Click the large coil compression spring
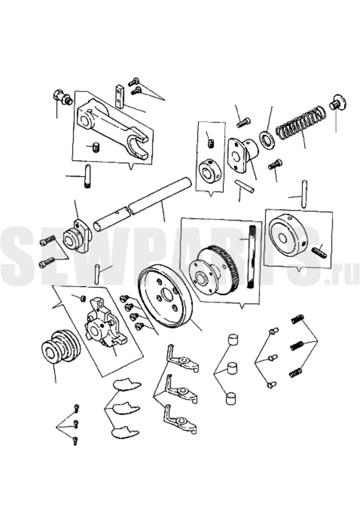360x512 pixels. click(x=301, y=122)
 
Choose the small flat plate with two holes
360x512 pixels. click(x=119, y=96)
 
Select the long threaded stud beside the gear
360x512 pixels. click(x=252, y=257)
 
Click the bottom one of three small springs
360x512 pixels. click(x=295, y=373)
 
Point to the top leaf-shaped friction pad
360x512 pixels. click(x=127, y=385)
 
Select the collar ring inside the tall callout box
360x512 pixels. click(x=210, y=169)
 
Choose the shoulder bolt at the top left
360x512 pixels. click(x=62, y=97)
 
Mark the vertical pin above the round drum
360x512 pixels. click(x=304, y=194)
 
